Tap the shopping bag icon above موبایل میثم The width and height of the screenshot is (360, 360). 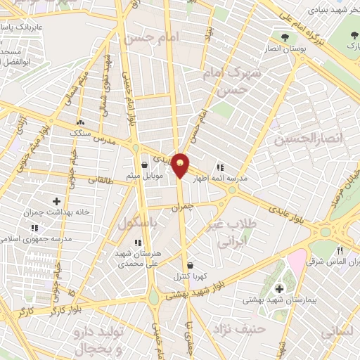click(x=145, y=165)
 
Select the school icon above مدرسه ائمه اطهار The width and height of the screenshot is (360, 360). click(x=220, y=167)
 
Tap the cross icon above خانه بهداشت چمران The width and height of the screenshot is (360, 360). click(x=57, y=202)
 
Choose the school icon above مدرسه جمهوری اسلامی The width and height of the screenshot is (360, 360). click(x=35, y=228)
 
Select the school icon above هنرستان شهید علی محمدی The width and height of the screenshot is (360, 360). click(x=138, y=243)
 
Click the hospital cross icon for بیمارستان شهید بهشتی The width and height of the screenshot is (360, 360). click(x=279, y=288)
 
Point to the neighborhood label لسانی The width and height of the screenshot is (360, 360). click(x=337, y=332)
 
